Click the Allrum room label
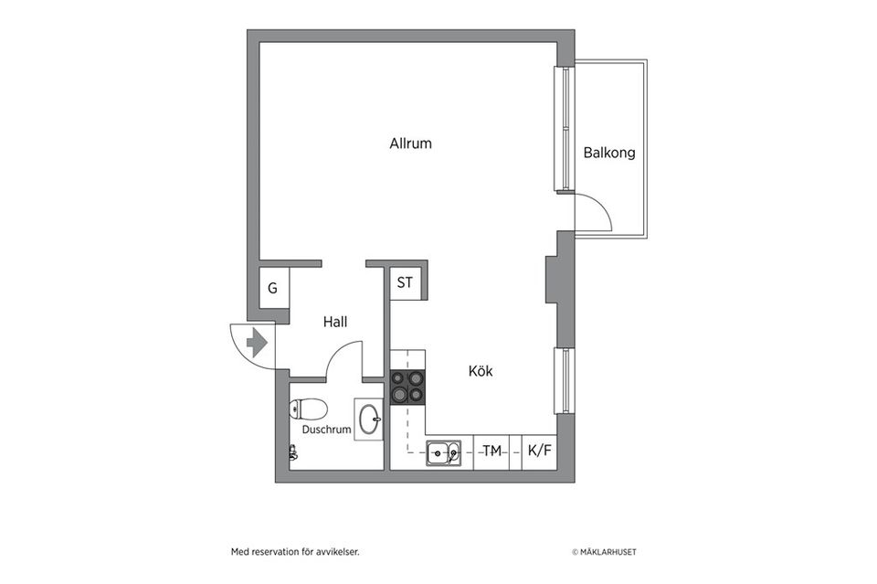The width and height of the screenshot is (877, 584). pyautogui.click(x=410, y=143)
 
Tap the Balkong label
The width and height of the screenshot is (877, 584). pyautogui.click(x=609, y=153)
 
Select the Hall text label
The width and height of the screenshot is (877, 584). pyautogui.click(x=335, y=322)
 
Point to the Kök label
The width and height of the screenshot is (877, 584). pyautogui.click(x=481, y=371)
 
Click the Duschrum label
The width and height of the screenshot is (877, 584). pyautogui.click(x=327, y=430)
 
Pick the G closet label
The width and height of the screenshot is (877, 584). pyautogui.click(x=272, y=288)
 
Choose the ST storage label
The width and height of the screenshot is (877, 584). pyautogui.click(x=405, y=282)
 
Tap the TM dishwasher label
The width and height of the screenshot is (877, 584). pyautogui.click(x=492, y=451)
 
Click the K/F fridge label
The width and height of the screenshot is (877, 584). pyautogui.click(x=539, y=451)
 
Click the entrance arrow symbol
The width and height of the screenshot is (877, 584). pyautogui.click(x=256, y=343)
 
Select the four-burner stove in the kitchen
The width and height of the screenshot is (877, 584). pyautogui.click(x=407, y=388)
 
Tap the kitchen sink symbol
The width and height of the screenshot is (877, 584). pyautogui.click(x=444, y=452)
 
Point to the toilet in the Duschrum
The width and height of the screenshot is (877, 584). pyautogui.click(x=308, y=409)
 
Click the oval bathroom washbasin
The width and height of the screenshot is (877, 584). pyautogui.click(x=369, y=419)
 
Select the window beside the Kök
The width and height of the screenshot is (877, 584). pyautogui.click(x=565, y=381)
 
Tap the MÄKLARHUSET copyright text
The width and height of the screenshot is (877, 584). pyautogui.click(x=604, y=552)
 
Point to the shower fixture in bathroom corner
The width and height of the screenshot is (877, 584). pyautogui.click(x=293, y=452)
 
